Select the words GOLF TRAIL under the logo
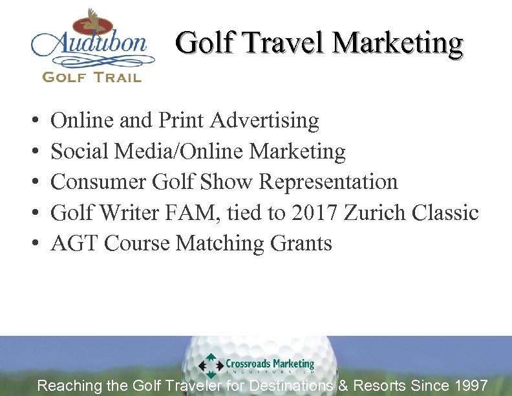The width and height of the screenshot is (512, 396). click(x=92, y=77)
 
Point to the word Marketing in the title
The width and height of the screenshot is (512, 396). click(x=398, y=43)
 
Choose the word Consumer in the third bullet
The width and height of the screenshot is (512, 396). click(x=99, y=182)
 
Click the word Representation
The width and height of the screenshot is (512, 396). click(x=328, y=182)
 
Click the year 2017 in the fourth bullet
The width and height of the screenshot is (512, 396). click(x=315, y=212)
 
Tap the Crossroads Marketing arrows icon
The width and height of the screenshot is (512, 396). click(x=211, y=366)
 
